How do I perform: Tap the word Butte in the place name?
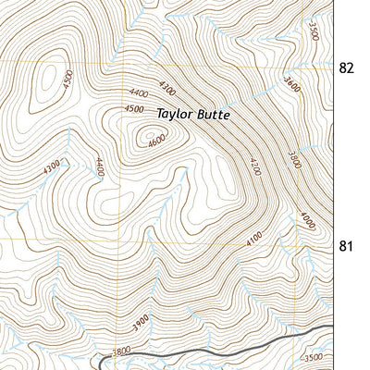pos(209,115)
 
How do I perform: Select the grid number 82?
pos(347,68)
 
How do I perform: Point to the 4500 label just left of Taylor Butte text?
pos(135,109)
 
